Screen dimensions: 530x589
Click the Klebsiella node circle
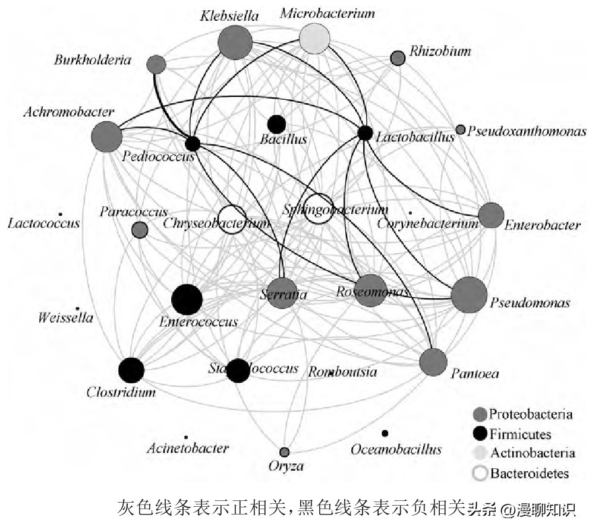click(x=235, y=42)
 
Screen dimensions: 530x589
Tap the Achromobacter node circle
click(x=107, y=136)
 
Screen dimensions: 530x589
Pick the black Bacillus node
click(x=276, y=124)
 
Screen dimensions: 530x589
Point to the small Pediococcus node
click(x=192, y=143)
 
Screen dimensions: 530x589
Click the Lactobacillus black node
click(x=365, y=133)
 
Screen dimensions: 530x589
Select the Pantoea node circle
click(x=433, y=362)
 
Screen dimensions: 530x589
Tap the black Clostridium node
click(x=131, y=371)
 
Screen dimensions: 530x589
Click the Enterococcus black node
click(x=187, y=299)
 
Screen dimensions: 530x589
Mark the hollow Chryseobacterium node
click(x=232, y=220)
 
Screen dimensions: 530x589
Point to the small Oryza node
click(x=285, y=452)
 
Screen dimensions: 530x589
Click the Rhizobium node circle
click(x=397, y=58)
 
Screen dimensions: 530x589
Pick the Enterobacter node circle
click(x=491, y=216)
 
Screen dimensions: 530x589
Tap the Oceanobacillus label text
click(x=396, y=449)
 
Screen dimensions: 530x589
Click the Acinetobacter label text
click(x=187, y=448)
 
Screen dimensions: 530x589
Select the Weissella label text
click(x=65, y=318)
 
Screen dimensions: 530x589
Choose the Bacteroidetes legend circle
click(x=480, y=473)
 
